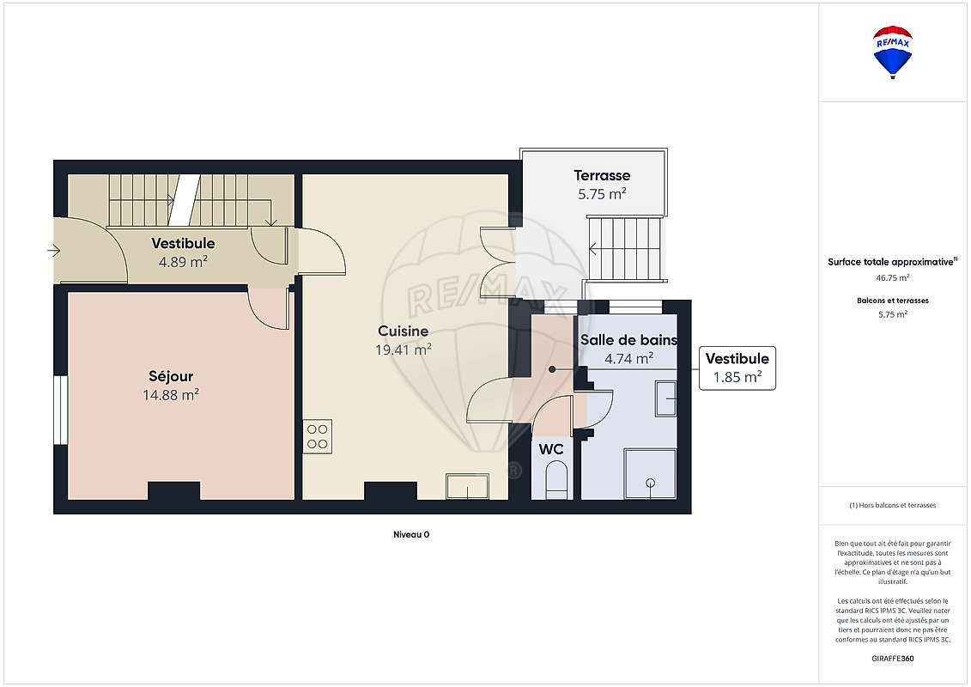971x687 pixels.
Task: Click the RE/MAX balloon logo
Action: pyautogui.click(x=892, y=52)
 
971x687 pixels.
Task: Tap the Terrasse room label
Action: pyautogui.click(x=602, y=175)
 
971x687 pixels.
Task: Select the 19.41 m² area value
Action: pyautogui.click(x=404, y=350)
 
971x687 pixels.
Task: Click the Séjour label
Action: pyautogui.click(x=171, y=377)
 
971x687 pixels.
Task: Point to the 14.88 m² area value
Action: pyautogui.click(x=171, y=395)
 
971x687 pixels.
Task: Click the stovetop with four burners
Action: pyautogui.click(x=317, y=436)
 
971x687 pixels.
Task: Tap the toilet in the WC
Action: pyautogui.click(x=556, y=483)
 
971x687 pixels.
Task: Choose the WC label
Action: pyautogui.click(x=551, y=448)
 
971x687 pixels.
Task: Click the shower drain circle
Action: pyautogui.click(x=650, y=483)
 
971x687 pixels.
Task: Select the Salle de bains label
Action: pyautogui.click(x=628, y=340)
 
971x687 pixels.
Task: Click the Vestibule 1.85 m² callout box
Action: pyautogui.click(x=737, y=368)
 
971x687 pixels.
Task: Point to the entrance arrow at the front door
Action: pyautogui.click(x=54, y=250)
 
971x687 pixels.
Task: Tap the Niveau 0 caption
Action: pyautogui.click(x=411, y=535)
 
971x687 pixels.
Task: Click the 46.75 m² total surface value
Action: pyautogui.click(x=892, y=278)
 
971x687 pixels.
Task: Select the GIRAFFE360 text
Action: pyautogui.click(x=892, y=659)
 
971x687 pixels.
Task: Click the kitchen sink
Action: pyautogui.click(x=468, y=486)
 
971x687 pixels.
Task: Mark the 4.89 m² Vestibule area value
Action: pyautogui.click(x=183, y=261)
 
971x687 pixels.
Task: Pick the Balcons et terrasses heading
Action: pyautogui.click(x=892, y=301)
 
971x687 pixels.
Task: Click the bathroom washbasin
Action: pyautogui.click(x=665, y=398)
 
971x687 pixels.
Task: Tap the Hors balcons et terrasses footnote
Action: pyautogui.click(x=892, y=505)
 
